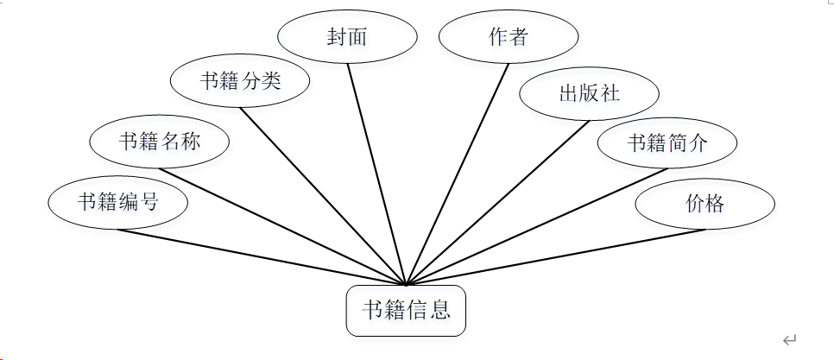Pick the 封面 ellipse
(x=347, y=37)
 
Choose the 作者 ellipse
(x=509, y=37)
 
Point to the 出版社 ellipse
(x=590, y=93)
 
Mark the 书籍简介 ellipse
(x=667, y=142)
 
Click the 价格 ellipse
(x=704, y=204)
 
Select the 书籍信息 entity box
(x=406, y=310)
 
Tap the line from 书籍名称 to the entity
(x=282, y=225)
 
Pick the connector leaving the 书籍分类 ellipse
(x=323, y=196)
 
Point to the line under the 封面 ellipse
(x=376, y=174)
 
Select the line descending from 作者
(x=458, y=174)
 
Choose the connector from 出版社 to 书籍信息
(x=497, y=203)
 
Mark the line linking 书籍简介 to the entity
(x=536, y=226)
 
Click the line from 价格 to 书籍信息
(x=555, y=256)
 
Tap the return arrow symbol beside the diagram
(x=789, y=340)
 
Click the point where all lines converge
(x=406, y=284)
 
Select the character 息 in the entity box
(x=441, y=310)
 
